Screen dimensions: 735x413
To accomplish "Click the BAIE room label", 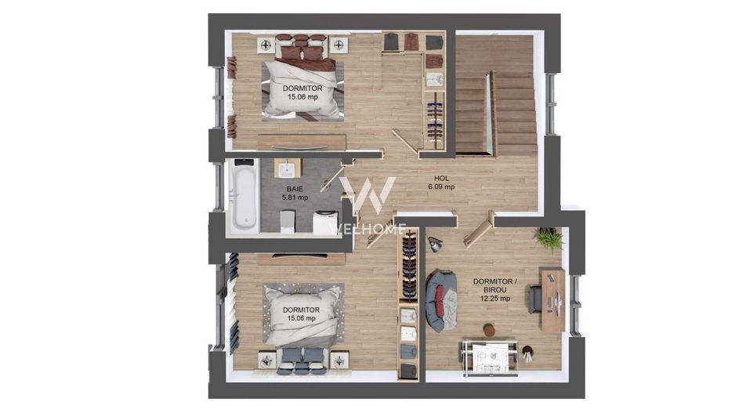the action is click(x=295, y=189).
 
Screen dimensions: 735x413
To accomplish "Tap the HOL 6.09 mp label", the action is click(x=441, y=183).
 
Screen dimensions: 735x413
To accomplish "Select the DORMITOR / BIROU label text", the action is click(x=495, y=285).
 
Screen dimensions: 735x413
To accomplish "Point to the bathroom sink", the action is click(x=287, y=168).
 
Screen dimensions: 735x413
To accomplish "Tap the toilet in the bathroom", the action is click(x=288, y=221).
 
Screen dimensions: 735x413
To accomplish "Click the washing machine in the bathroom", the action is click(x=326, y=223).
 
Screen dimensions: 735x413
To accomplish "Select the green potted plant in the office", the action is click(x=549, y=238).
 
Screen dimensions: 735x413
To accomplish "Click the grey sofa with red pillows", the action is click(x=441, y=300).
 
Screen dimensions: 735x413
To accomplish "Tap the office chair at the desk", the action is click(x=535, y=298).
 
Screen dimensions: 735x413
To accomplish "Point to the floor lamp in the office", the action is click(x=435, y=245).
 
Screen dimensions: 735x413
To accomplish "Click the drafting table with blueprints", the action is click(x=489, y=357).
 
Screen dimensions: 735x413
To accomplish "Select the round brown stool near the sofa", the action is click(x=489, y=331).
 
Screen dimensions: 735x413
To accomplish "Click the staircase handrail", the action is click(x=492, y=112).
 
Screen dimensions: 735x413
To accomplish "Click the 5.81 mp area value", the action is click(x=295, y=197).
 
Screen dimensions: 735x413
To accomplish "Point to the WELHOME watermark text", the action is click(x=367, y=230).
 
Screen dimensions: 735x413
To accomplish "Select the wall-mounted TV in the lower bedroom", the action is click(x=300, y=255).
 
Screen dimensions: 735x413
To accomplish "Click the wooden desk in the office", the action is click(x=552, y=299).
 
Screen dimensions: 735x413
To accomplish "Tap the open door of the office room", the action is click(x=479, y=230).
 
